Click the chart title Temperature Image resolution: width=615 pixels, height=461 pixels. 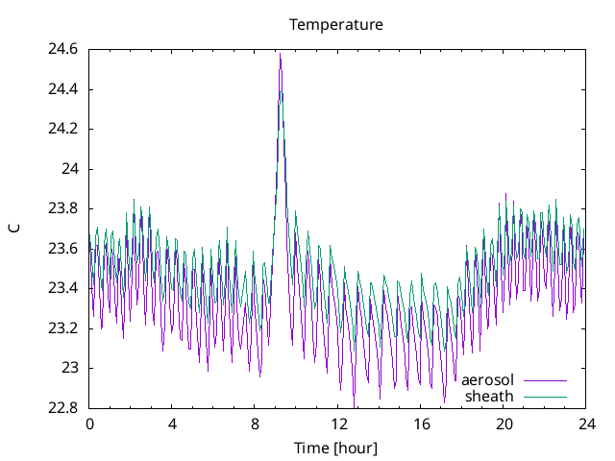(336, 24)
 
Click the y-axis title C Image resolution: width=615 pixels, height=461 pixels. (13, 228)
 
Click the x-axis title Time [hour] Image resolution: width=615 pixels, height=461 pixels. (336, 448)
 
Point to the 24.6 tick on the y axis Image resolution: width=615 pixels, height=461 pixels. (64, 50)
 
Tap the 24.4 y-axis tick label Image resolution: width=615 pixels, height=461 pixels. (64, 89)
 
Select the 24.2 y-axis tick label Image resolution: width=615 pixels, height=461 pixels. (64, 130)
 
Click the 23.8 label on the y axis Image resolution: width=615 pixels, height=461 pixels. (64, 208)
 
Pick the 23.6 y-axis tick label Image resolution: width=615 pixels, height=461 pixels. (64, 249)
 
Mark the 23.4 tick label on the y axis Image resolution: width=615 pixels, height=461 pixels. (64, 288)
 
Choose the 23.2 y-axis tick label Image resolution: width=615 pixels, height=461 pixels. (64, 328)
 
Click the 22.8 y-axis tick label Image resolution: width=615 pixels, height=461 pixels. (64, 407)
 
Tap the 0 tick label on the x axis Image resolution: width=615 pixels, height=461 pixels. (89, 424)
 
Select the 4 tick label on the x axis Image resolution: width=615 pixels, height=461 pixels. (172, 424)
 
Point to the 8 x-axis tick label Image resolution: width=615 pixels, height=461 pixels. (256, 424)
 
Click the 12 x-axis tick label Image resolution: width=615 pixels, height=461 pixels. (338, 424)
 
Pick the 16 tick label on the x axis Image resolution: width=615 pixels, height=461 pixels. (421, 424)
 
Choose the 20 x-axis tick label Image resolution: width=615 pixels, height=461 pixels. (504, 424)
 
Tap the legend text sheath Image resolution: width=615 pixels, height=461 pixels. (489, 396)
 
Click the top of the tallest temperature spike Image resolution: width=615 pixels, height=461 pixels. (280, 54)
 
